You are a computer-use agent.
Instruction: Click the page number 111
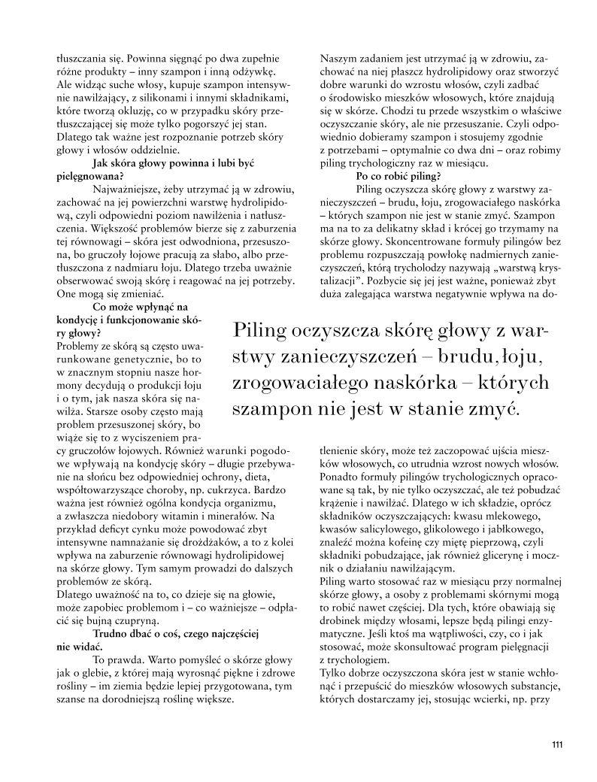coord(556,745)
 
